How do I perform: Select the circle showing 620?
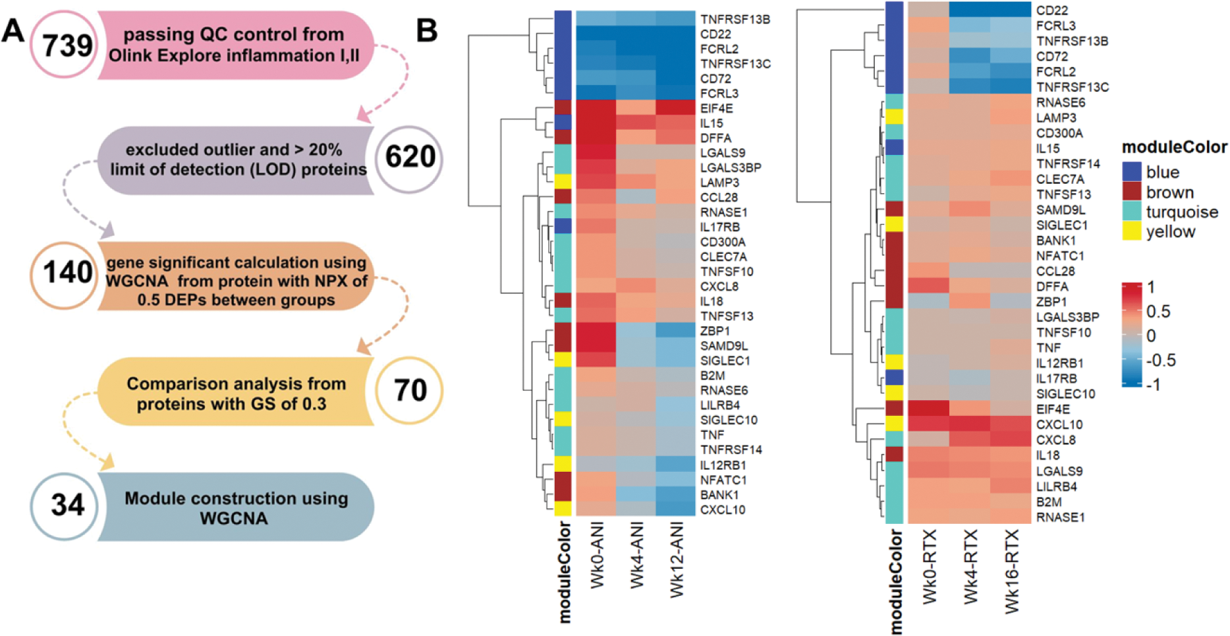[x=409, y=158]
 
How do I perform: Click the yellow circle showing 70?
[x=409, y=390]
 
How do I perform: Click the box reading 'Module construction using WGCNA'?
[x=236, y=507]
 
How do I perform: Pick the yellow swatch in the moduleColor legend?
[x=1131, y=231]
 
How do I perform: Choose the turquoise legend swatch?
[x=1131, y=212]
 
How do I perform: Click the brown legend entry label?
[x=1170, y=192]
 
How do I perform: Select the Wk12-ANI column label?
[x=677, y=559]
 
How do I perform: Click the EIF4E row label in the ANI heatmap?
[x=717, y=108]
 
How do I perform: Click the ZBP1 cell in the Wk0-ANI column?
[x=596, y=331]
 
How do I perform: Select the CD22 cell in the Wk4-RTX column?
[x=970, y=11]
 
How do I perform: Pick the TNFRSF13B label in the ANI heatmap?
[x=735, y=19]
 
